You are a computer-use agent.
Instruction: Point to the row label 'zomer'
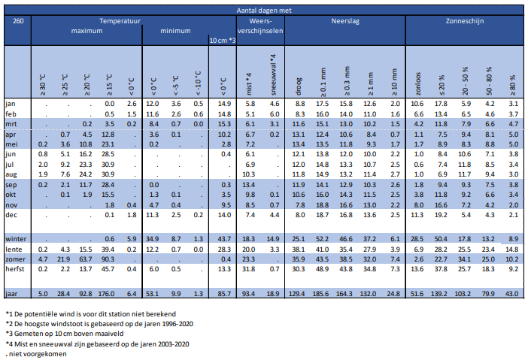[x=16, y=258]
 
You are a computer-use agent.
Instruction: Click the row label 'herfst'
[x=17, y=268]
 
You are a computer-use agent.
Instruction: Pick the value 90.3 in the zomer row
[x=108, y=258]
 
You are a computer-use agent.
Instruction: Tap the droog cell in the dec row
[x=299, y=213]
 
